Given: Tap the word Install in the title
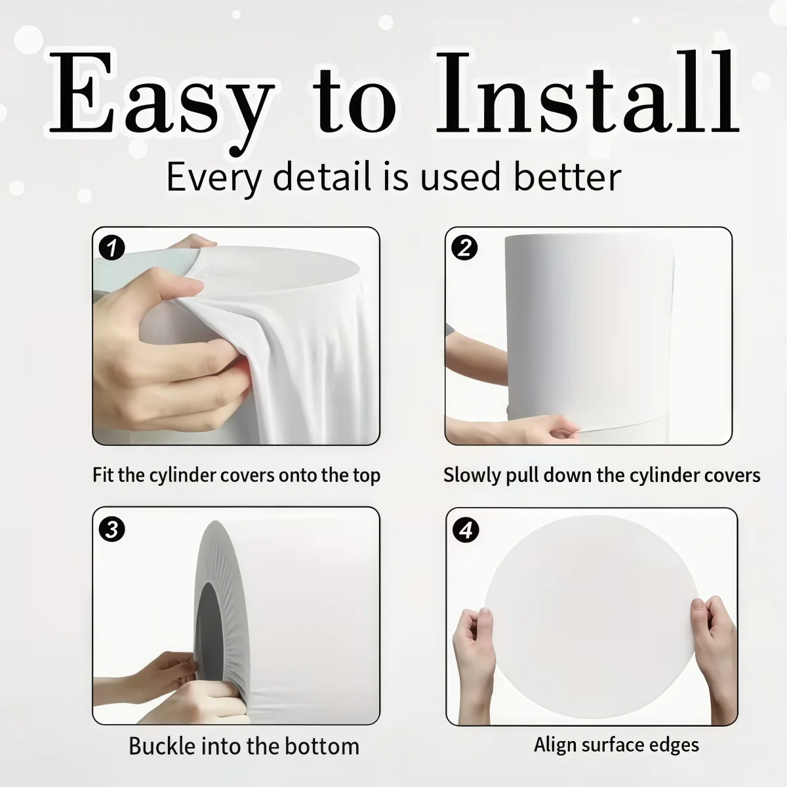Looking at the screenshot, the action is (588, 92).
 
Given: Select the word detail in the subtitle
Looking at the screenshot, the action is (322, 177).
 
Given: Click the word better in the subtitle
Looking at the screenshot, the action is (567, 177).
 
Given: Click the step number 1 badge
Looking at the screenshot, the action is (112, 247).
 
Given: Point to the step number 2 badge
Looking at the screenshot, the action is (465, 247).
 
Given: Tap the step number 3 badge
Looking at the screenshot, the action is (112, 529).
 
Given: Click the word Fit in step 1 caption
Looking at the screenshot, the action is (104, 475).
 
